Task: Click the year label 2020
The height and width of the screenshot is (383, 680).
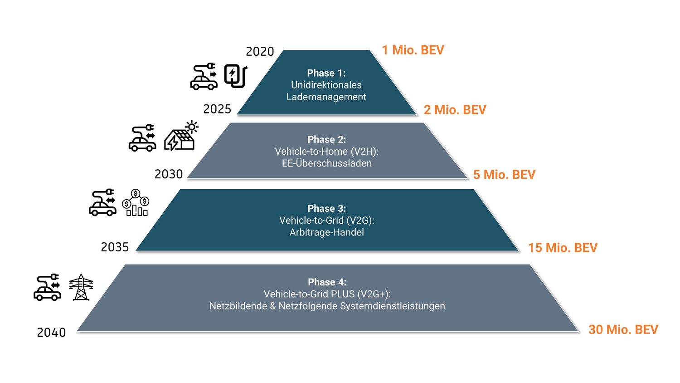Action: coord(260,52)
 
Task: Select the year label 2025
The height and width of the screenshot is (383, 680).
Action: coord(217,109)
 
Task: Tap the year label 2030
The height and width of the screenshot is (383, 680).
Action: coord(169,174)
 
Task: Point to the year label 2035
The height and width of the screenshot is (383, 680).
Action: coord(115,247)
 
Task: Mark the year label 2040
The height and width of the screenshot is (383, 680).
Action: coord(51,333)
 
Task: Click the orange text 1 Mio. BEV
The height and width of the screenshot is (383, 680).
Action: coord(413,50)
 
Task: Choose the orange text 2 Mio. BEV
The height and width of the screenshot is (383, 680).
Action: coord(455,110)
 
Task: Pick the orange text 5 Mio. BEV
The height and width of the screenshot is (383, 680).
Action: coord(504,175)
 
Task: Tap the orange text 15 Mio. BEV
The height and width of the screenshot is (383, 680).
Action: coord(563,248)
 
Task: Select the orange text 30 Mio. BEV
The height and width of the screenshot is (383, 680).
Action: coord(623,329)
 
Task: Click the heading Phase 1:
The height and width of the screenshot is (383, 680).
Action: coord(326,73)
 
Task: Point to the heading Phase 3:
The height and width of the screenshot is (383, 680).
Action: coord(327,208)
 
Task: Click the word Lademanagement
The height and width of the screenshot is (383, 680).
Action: coord(326,97)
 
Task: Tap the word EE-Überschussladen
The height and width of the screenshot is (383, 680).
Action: coord(327,163)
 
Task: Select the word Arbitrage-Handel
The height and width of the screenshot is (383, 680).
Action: coord(327,232)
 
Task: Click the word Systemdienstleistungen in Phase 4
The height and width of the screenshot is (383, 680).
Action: coord(392,306)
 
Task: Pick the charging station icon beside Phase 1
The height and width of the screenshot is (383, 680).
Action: coord(236,76)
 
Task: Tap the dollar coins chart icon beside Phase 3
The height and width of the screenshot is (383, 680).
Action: coord(136,203)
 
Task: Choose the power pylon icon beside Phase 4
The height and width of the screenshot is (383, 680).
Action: coord(81,287)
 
